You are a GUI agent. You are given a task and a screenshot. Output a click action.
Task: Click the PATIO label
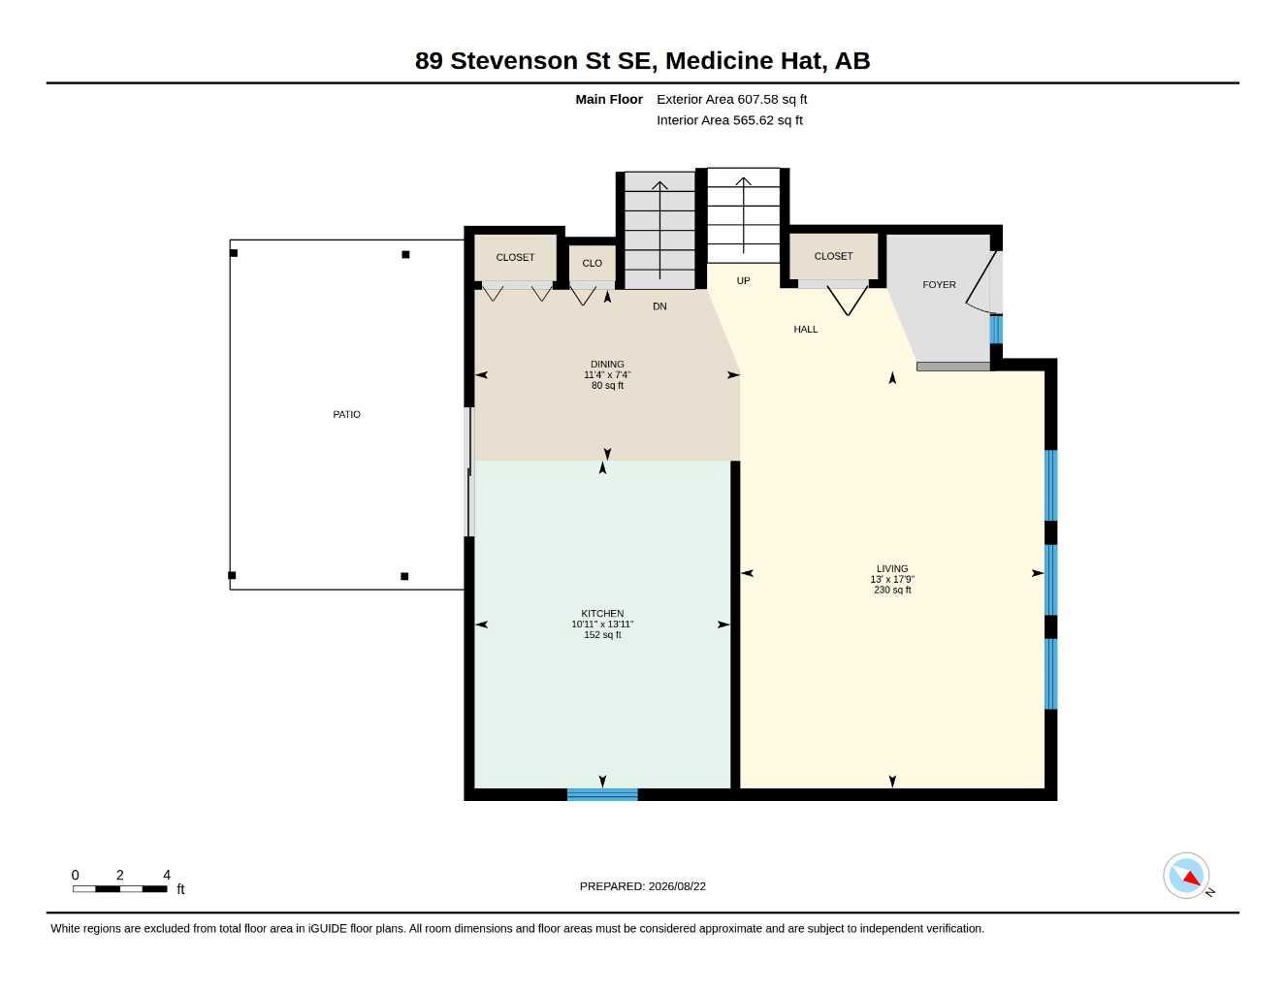[x=346, y=414]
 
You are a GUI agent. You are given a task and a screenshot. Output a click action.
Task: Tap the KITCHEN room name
[x=602, y=614]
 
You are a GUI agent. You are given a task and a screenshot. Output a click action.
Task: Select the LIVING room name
[x=892, y=568]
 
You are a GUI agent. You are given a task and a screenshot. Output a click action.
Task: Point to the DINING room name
[x=607, y=364]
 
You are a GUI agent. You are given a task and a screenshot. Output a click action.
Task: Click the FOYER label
[x=939, y=284]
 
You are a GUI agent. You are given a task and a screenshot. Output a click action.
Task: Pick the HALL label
[x=805, y=330]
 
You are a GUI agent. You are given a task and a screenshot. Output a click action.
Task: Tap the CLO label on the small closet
[x=592, y=263]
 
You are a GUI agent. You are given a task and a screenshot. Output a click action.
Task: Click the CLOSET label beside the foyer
[x=833, y=256]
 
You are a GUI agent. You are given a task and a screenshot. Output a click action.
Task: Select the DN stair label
[x=659, y=306]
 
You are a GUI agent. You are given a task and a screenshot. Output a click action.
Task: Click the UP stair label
[x=743, y=281]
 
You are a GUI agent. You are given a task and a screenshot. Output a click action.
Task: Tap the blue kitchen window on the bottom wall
[x=602, y=794]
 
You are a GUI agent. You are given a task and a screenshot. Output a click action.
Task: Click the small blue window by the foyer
[x=996, y=330]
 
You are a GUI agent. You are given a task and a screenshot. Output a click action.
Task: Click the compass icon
[x=1186, y=876]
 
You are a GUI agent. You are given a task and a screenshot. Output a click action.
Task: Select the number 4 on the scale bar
[x=167, y=874]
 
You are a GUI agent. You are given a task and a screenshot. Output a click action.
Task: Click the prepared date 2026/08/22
[x=677, y=886]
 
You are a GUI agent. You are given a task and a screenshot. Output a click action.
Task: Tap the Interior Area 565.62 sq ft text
[x=729, y=120]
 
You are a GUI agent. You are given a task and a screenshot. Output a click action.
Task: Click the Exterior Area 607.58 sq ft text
[x=731, y=99]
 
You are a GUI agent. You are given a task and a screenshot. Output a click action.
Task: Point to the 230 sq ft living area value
[x=892, y=590]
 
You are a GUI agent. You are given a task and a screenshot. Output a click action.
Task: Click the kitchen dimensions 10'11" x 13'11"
[x=602, y=625]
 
